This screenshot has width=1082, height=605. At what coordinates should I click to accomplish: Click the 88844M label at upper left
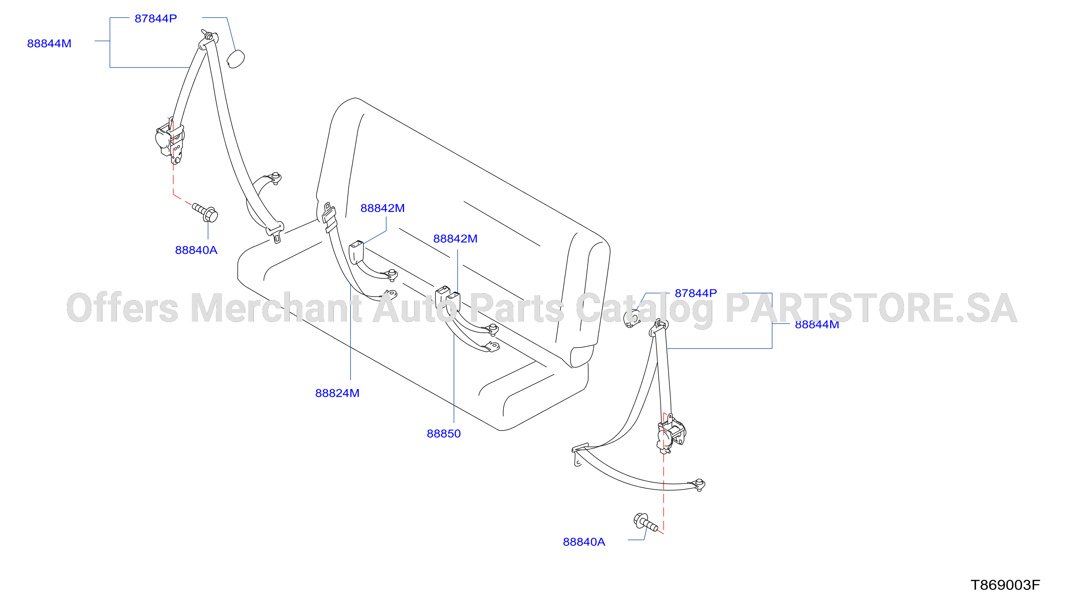point(49,44)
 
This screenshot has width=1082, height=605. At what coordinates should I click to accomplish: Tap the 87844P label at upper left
point(156,18)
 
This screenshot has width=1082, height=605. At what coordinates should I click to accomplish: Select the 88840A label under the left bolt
point(196,250)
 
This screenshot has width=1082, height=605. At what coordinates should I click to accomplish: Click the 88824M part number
point(337,393)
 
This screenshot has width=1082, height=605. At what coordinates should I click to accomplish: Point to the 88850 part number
point(444,434)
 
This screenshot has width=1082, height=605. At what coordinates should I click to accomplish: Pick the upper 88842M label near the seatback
point(383,208)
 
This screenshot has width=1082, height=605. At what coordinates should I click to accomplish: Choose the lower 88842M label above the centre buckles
point(455,239)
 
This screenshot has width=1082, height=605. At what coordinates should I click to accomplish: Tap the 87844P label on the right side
point(695,293)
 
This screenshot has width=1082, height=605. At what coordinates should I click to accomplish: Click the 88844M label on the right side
point(817,325)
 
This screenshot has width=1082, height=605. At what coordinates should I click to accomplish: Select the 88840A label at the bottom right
point(584,542)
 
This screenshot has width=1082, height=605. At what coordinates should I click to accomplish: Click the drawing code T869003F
point(1006,585)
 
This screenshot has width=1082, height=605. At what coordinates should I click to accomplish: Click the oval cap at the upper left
point(236,59)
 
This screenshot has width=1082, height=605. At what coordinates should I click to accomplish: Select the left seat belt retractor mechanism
point(170,141)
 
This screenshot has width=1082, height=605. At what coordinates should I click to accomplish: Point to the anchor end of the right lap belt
point(699,485)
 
